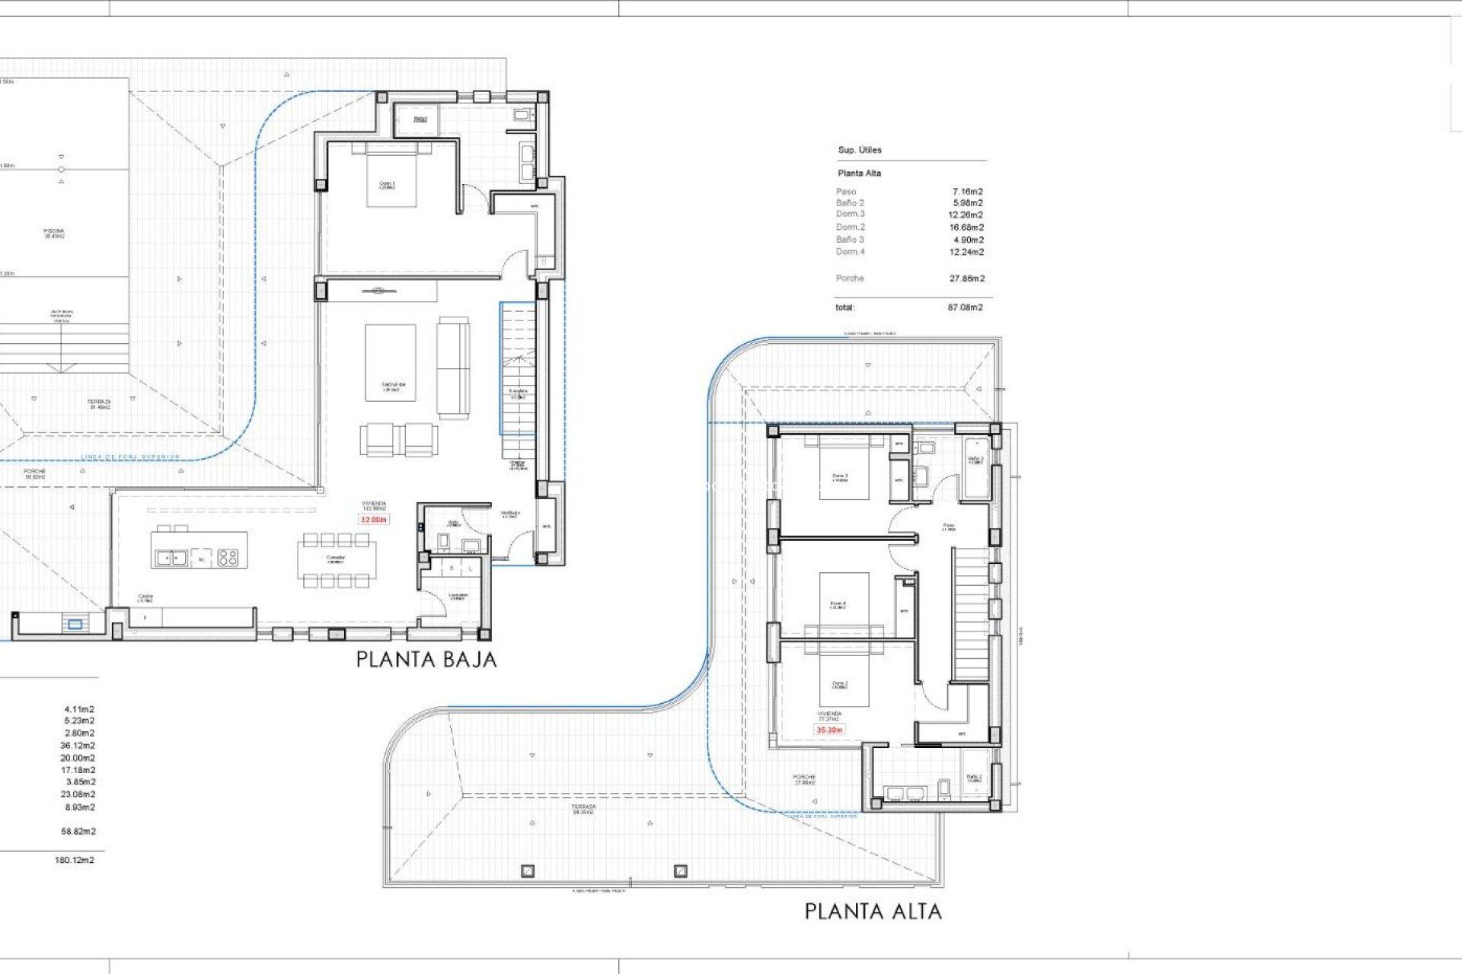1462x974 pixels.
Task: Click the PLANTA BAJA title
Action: [426, 659]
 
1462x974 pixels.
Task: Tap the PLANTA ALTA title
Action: [873, 911]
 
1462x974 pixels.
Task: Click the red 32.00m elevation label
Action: [373, 520]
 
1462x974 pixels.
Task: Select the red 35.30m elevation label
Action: [829, 730]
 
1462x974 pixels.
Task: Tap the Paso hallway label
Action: [948, 526]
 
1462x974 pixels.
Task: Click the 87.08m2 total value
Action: [965, 307]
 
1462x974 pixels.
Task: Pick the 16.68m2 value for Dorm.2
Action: [967, 227]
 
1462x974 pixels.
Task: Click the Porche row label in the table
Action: [850, 279]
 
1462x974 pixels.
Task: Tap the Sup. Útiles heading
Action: [860, 150]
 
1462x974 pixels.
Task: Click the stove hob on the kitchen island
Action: [228, 558]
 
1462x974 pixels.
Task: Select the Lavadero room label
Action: [457, 597]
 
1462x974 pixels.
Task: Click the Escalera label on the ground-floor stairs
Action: [519, 393]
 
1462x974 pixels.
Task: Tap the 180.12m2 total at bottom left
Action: [75, 860]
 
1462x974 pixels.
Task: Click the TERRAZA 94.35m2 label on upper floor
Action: [584, 809]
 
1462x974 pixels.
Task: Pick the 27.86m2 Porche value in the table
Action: [966, 279]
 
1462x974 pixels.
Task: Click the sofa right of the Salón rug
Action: [453, 368]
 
